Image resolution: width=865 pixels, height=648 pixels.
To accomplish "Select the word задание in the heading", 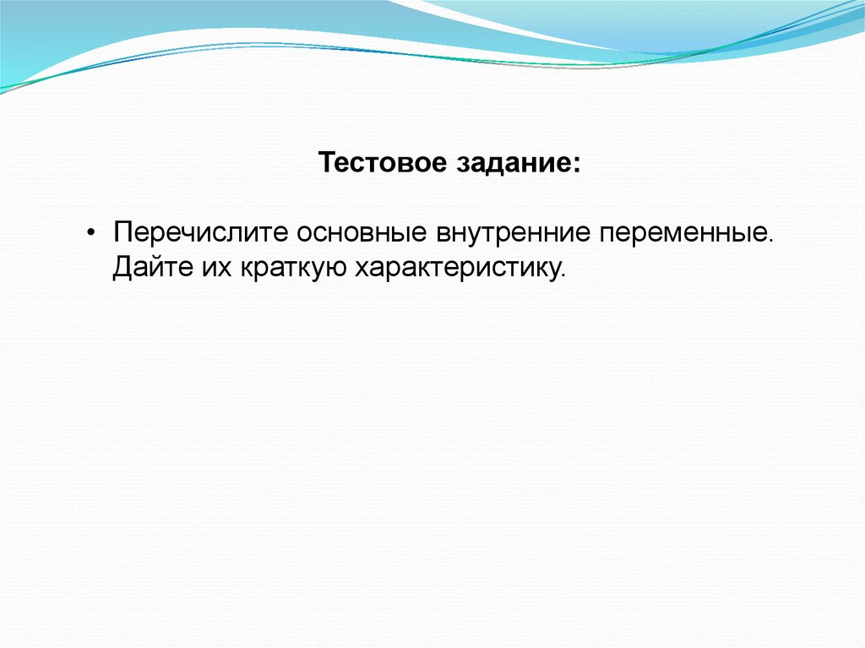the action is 513,163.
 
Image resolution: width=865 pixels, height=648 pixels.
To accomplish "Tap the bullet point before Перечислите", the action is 91,232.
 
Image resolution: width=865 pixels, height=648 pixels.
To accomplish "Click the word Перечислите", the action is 201,232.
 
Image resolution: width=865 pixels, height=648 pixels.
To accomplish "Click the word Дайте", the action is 153,267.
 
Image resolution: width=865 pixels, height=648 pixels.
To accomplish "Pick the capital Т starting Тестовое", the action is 329,162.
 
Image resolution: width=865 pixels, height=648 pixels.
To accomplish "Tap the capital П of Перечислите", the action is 123,232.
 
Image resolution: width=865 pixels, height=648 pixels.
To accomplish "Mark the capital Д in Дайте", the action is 124,268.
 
